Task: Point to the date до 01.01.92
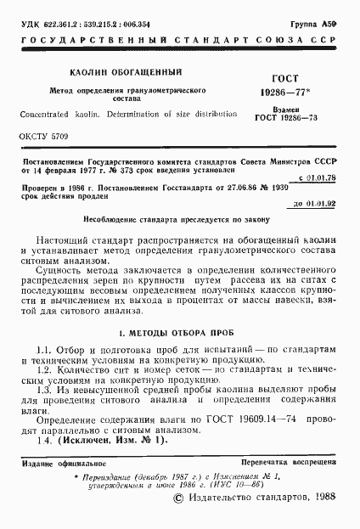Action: pos(317,205)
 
